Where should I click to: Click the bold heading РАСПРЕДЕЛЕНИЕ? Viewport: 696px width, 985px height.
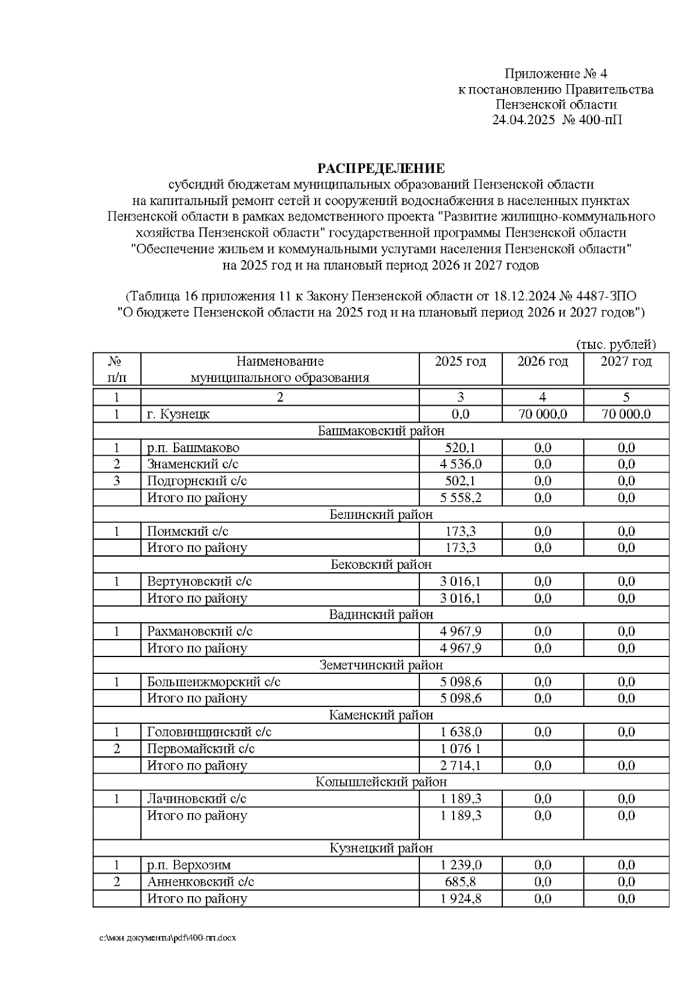point(380,168)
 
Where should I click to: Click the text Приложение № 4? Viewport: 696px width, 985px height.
point(555,74)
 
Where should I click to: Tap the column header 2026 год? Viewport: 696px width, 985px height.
point(542,362)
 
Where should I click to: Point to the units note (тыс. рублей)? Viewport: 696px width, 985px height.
point(615,345)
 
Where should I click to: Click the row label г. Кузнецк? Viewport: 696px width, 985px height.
point(179,414)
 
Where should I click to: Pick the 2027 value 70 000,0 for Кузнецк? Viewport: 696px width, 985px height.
point(626,414)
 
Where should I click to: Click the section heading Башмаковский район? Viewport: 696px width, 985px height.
point(380,431)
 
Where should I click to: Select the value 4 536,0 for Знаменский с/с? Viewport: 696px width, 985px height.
point(461,464)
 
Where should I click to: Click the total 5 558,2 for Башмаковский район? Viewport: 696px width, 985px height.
point(461,498)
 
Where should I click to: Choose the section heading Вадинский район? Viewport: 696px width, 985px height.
point(380,615)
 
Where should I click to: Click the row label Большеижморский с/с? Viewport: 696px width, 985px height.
point(214,682)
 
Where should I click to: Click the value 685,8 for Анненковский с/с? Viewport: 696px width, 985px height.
point(461,882)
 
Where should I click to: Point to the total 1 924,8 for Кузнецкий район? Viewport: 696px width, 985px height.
point(461,899)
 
